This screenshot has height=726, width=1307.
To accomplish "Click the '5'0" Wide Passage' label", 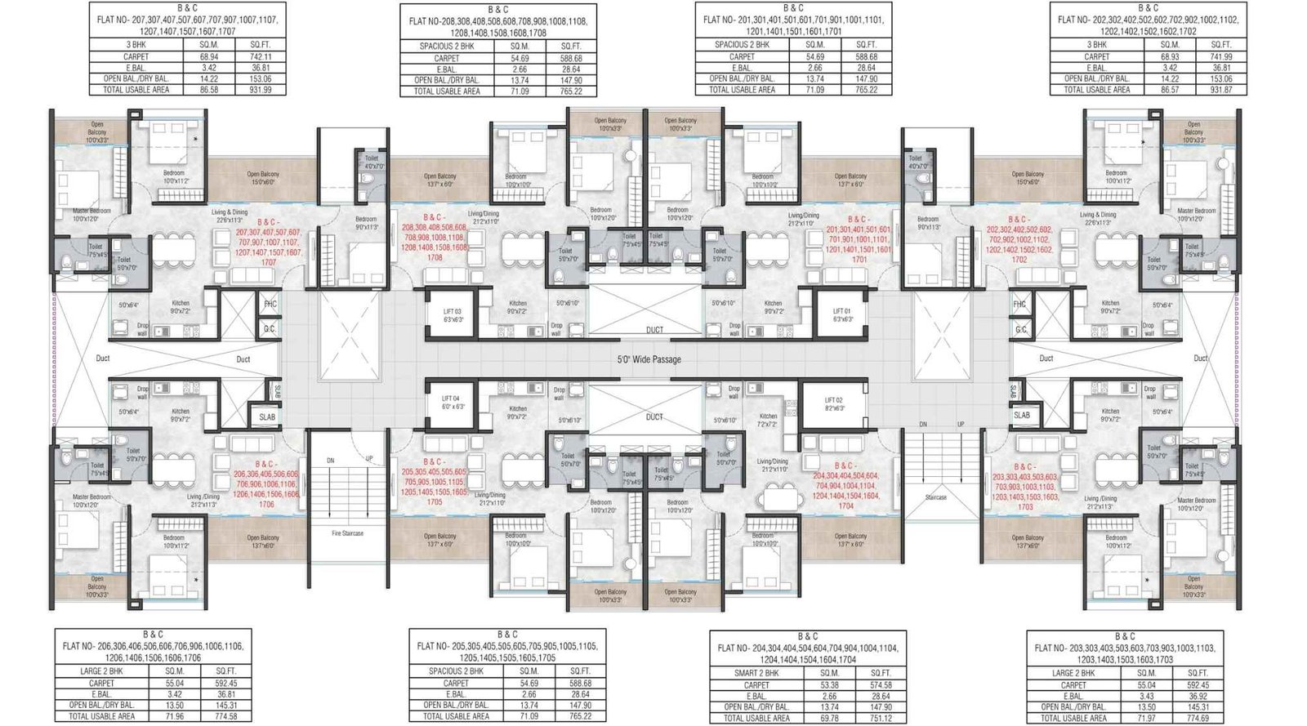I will click(649, 359).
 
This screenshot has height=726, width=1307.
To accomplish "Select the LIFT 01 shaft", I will click(842, 315).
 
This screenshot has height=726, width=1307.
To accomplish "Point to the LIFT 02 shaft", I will click(834, 404).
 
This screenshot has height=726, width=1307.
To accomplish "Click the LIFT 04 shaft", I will click(453, 403).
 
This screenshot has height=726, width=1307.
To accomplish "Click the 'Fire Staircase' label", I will click(347, 533).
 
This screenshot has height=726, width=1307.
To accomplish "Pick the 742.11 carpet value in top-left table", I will click(261, 57).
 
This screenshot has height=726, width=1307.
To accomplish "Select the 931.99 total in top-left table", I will click(261, 90).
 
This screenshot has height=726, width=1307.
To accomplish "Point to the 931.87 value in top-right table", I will click(1221, 90).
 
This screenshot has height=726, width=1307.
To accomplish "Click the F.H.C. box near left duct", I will click(270, 305).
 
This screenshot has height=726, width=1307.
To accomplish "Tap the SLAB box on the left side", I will click(267, 416).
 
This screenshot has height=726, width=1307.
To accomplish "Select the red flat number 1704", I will click(845, 506).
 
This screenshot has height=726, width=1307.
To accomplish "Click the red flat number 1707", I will click(269, 263).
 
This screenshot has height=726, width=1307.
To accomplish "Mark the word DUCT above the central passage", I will click(654, 330).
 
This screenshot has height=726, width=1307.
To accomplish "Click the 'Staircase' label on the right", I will click(936, 497).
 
